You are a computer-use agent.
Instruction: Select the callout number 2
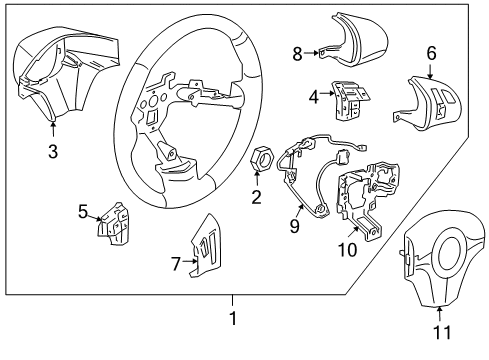(x=256, y=197)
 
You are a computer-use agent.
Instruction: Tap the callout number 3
(x=52, y=152)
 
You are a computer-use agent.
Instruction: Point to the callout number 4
(x=314, y=97)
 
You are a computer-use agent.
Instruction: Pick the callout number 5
(x=84, y=211)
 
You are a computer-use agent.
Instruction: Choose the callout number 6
(x=431, y=53)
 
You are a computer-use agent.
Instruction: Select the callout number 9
(x=293, y=226)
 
